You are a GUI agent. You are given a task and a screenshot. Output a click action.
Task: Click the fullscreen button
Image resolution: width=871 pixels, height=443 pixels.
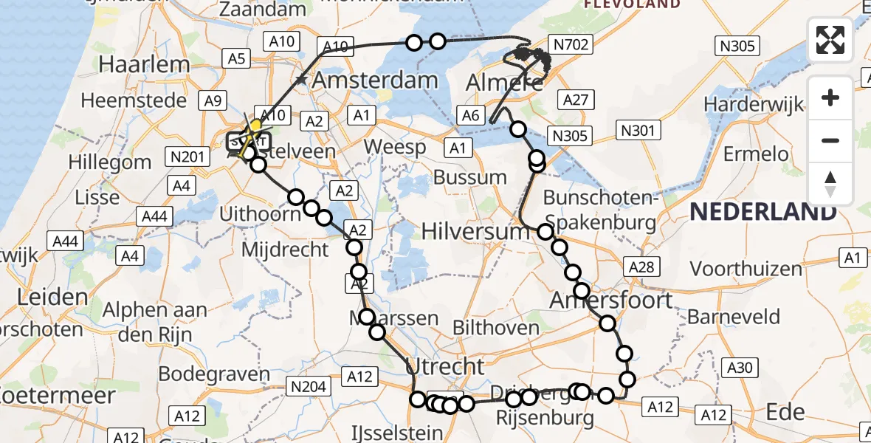(830, 39)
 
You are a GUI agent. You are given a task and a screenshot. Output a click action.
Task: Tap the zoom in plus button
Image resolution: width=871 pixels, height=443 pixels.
(830, 97)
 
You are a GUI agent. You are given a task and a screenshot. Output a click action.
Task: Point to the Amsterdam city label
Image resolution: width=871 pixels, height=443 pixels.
(376, 80)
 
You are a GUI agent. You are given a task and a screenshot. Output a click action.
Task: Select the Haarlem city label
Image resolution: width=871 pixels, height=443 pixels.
(144, 64)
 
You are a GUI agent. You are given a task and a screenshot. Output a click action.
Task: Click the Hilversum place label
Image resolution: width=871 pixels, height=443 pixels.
(475, 232)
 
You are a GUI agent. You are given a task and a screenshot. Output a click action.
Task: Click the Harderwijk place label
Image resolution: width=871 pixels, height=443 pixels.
(754, 104)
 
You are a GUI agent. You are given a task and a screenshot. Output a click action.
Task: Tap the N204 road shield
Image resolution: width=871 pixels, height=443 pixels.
(309, 385)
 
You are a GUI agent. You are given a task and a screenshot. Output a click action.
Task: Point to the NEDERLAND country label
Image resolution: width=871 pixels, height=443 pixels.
(763, 213)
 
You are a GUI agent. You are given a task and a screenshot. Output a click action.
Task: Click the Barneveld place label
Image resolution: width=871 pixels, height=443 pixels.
(734, 317)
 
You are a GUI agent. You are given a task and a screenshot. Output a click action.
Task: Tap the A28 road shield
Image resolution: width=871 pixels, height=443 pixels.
(640, 267)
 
